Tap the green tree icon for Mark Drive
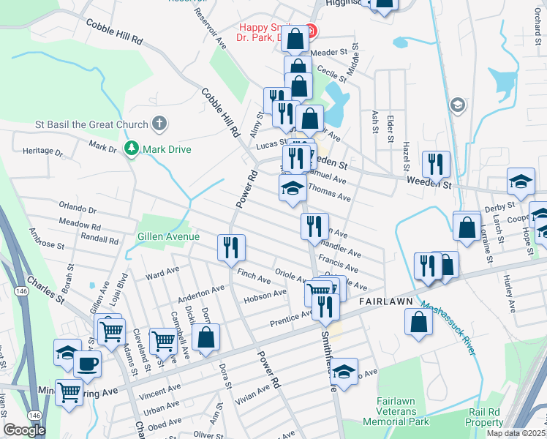[132, 149]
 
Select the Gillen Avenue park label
[168, 236]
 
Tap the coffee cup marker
[87, 364]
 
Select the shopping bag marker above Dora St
[206, 337]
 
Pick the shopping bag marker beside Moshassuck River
[418, 323]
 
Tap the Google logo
[23, 430]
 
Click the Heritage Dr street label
[43, 151]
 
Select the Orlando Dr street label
[78, 209]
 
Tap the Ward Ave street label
[162, 274]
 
